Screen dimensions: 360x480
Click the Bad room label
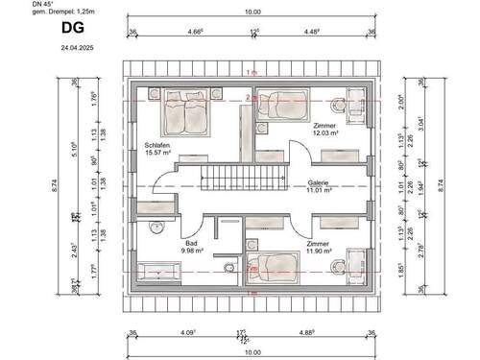(190, 244)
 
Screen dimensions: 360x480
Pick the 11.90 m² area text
(320, 253)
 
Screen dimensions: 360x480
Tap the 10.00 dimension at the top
(252, 12)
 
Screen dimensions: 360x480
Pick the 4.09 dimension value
(186, 336)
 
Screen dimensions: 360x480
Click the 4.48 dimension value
(313, 31)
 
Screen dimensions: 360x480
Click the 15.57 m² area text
(158, 152)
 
